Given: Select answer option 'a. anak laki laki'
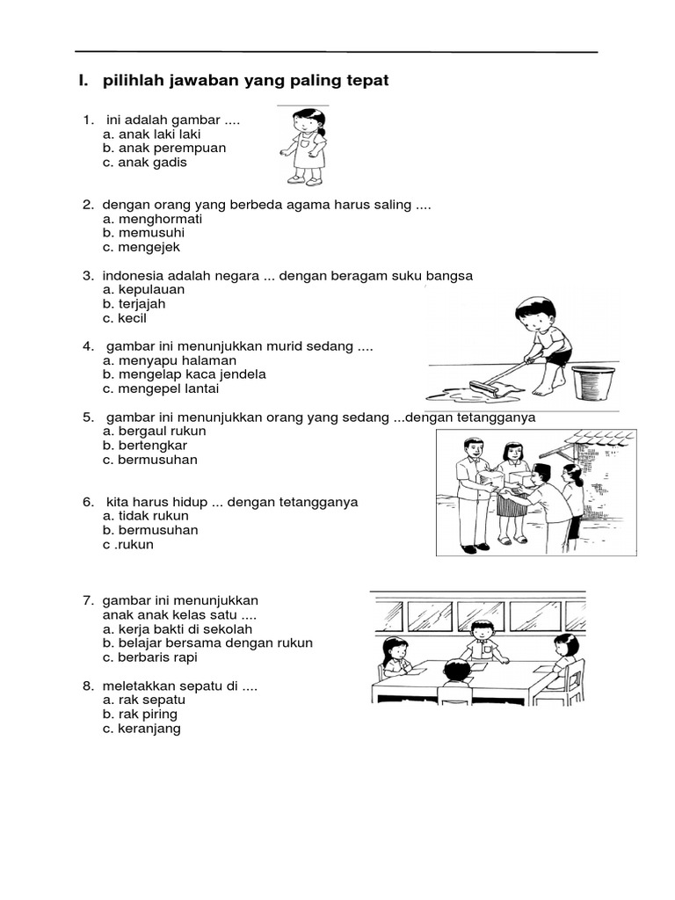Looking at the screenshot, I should click(x=151, y=134).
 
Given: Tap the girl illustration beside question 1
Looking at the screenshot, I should click(x=304, y=146).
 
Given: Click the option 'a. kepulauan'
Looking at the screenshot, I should click(x=143, y=289).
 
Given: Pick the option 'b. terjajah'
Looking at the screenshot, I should click(x=134, y=303).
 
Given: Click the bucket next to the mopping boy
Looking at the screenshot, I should click(x=592, y=382).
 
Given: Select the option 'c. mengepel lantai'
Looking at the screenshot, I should click(x=161, y=388).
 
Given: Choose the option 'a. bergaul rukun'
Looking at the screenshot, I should click(x=154, y=431).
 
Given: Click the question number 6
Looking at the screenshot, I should click(x=88, y=502).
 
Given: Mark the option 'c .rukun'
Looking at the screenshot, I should click(x=128, y=544).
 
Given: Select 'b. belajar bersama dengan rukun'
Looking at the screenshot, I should click(x=207, y=642).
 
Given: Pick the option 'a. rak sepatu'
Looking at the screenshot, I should click(x=140, y=700).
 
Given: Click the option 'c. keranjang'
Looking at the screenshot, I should click(x=142, y=728).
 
